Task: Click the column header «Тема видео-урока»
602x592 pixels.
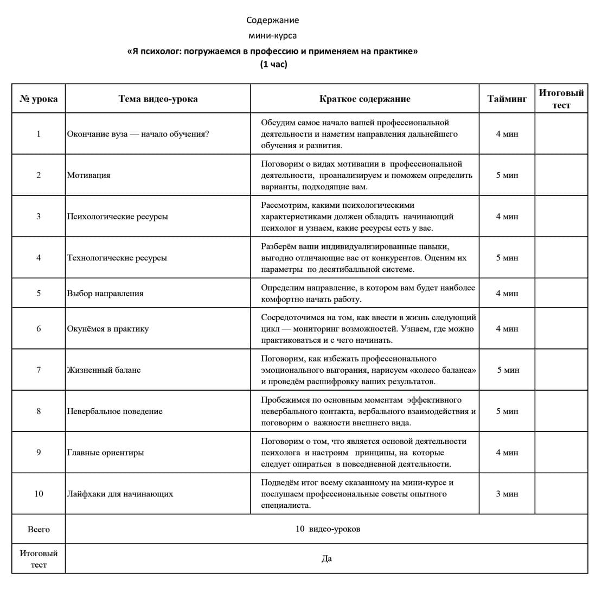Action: (158, 99)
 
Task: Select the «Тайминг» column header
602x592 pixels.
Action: (507, 99)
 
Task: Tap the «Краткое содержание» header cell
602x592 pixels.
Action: (364, 99)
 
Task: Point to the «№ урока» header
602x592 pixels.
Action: (39, 99)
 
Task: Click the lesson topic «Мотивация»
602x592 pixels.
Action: (88, 175)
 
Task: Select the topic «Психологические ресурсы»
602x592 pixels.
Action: (117, 217)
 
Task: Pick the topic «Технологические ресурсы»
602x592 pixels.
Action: (117, 258)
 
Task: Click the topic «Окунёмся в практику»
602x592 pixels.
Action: (107, 329)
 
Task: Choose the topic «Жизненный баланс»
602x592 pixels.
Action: (104, 370)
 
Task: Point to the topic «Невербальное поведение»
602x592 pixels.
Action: (114, 411)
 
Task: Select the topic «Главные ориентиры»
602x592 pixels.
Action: (105, 453)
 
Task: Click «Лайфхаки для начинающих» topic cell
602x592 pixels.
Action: (120, 494)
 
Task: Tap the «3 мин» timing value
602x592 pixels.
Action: (507, 494)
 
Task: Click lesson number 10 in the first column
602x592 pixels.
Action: (39, 494)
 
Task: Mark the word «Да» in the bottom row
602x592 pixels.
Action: (326, 558)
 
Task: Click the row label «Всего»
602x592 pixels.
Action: (39, 529)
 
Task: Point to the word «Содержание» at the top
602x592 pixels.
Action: (273, 21)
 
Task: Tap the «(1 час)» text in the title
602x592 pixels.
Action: (273, 64)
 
